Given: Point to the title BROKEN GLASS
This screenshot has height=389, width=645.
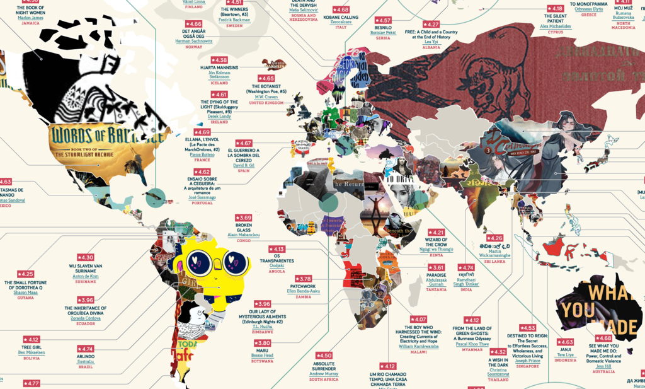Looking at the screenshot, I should pyautogui.click(x=244, y=228).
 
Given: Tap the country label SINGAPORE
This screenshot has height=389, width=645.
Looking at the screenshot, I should pyautogui.click(x=527, y=366).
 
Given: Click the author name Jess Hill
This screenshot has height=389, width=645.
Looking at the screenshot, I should pyautogui.click(x=603, y=365).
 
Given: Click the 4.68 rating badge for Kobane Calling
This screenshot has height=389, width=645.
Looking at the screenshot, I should pyautogui.click(x=340, y=10).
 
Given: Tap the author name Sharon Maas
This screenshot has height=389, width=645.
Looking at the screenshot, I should pyautogui.click(x=25, y=293).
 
